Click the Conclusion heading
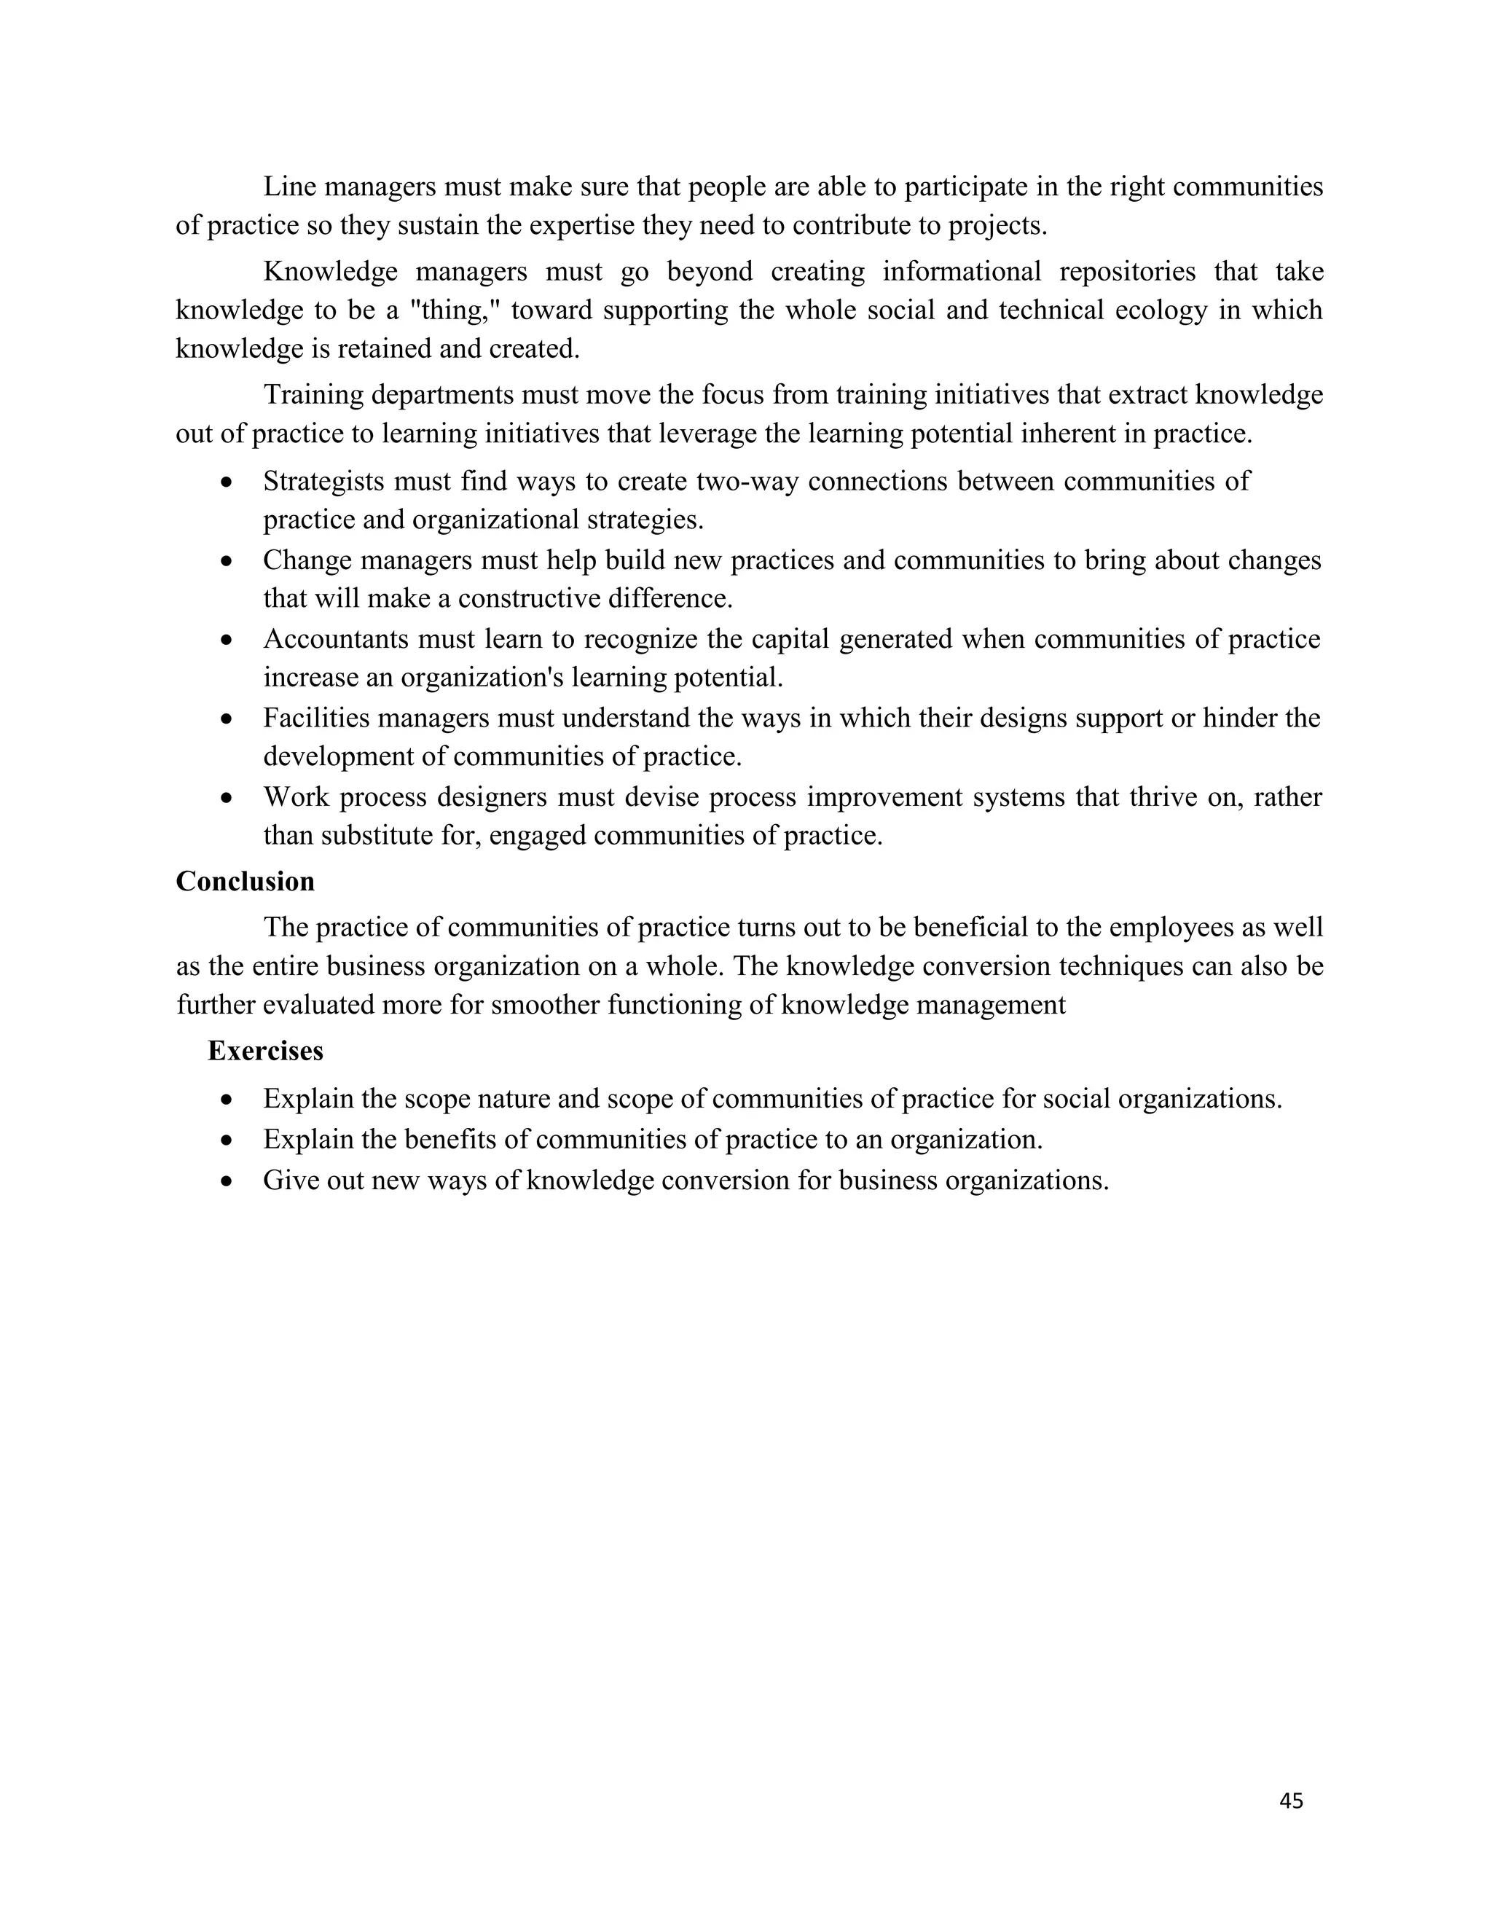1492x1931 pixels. pos(245,882)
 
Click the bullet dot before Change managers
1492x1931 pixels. pos(227,560)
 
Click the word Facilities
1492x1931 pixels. pos(315,717)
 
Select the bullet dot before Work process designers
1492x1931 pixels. pos(227,797)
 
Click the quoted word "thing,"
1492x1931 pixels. pos(457,310)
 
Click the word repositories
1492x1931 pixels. pos(1127,272)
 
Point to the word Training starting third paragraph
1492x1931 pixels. pos(312,394)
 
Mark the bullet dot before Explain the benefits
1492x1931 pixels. pos(227,1140)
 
